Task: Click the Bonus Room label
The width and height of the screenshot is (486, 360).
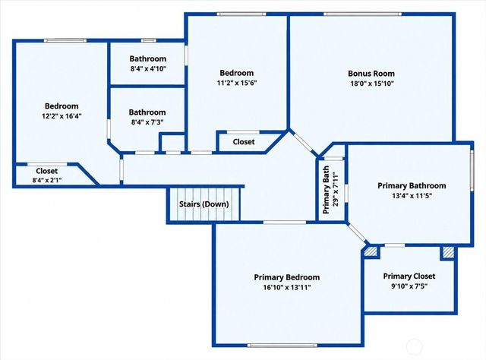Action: click(371, 74)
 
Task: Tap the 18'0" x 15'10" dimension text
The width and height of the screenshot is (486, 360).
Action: click(371, 84)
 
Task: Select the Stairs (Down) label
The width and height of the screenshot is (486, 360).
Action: click(204, 204)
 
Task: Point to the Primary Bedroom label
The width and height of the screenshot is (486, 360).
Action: click(287, 277)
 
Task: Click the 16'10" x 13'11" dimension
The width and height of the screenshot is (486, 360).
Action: click(287, 287)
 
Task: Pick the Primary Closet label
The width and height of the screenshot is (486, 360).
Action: click(409, 276)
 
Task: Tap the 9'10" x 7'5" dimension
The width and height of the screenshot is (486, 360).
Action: click(409, 286)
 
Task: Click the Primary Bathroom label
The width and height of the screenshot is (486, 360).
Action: click(412, 186)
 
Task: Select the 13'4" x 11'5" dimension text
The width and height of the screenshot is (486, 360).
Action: click(412, 196)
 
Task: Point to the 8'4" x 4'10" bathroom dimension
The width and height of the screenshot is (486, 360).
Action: click(148, 68)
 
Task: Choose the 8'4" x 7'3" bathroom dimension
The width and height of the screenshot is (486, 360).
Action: click(147, 122)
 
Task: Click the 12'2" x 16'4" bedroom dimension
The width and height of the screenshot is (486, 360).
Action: click(62, 116)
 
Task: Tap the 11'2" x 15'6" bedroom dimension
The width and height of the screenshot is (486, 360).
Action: click(237, 83)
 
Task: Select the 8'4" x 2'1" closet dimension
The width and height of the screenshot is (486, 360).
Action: click(47, 180)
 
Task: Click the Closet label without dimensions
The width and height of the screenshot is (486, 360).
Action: click(244, 142)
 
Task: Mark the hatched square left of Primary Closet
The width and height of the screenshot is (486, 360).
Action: click(371, 251)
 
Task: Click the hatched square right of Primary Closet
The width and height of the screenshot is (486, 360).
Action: click(448, 252)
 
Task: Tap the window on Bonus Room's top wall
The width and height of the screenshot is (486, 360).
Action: click(363, 14)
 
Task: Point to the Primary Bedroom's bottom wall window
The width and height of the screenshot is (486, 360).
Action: click(282, 345)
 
